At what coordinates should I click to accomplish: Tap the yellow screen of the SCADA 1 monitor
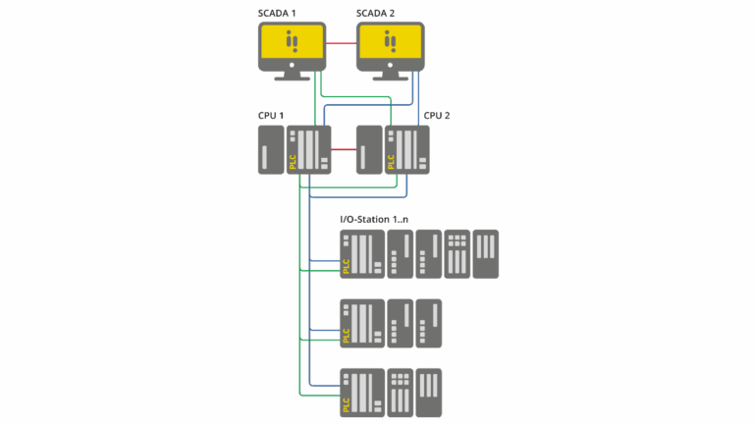[292, 42]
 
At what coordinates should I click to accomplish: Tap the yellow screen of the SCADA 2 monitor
[390, 42]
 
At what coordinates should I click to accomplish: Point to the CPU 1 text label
[271, 116]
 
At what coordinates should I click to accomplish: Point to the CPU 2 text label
[437, 116]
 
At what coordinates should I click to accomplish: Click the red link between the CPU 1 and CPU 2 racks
[344, 150]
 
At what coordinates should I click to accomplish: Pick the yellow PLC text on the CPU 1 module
[293, 161]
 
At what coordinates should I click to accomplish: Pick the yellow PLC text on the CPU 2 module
[391, 161]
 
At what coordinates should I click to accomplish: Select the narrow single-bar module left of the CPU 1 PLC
[270, 150]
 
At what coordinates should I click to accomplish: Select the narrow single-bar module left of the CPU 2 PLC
[368, 150]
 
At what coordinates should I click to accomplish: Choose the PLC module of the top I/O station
[360, 254]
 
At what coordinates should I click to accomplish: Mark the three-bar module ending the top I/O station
[486, 254]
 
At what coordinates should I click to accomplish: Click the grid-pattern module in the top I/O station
[457, 254]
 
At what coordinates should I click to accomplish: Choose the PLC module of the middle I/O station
[360, 324]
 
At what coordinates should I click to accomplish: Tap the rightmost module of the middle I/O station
[428, 324]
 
